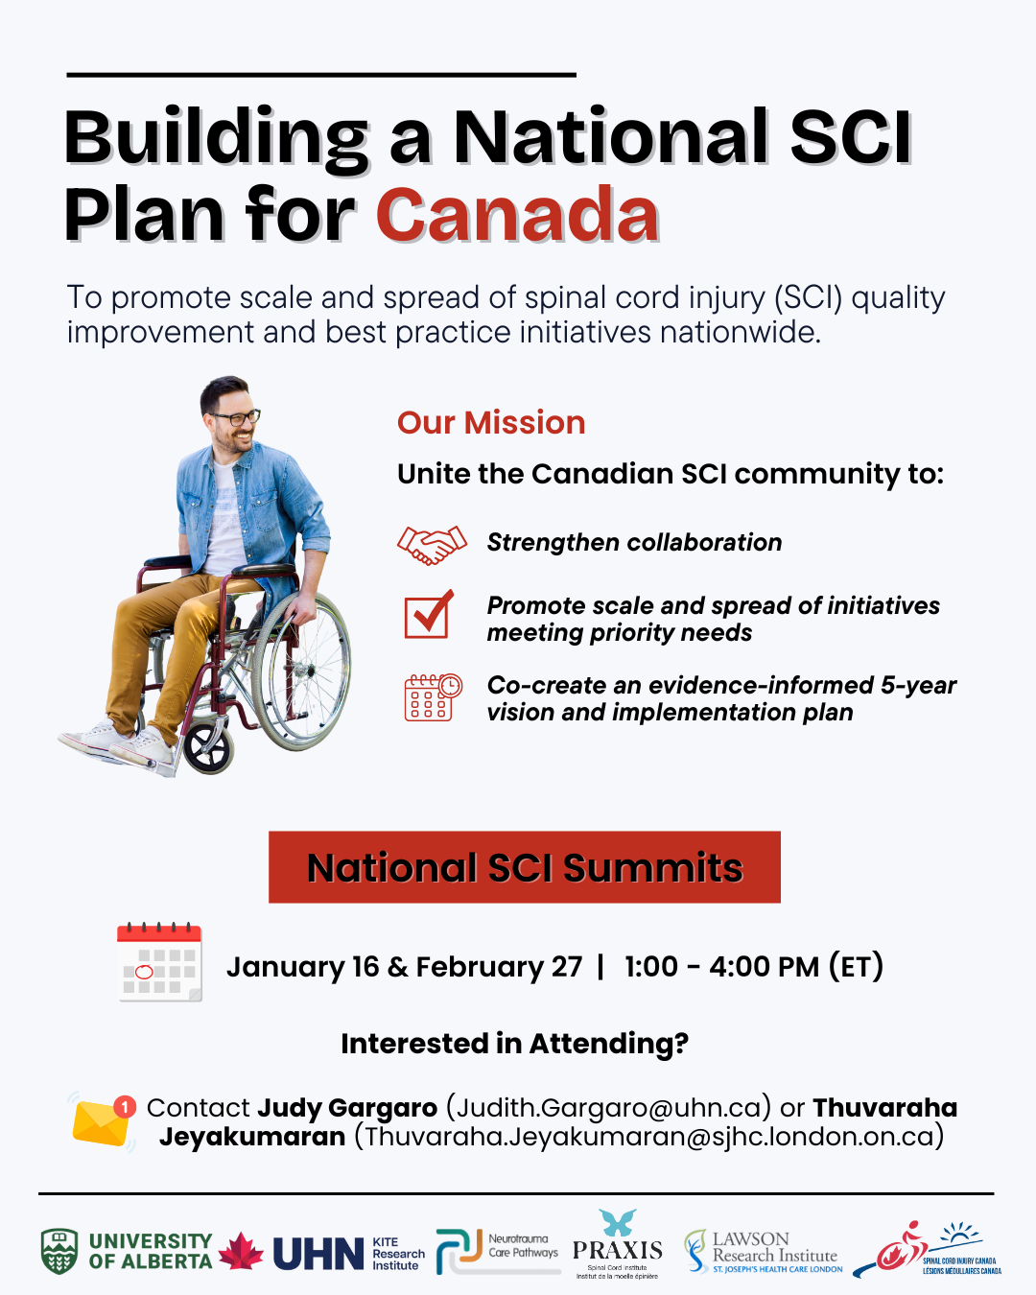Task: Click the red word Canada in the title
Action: pyautogui.click(x=518, y=214)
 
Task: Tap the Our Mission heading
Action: pyautogui.click(x=491, y=422)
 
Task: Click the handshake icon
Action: pyautogui.click(x=432, y=545)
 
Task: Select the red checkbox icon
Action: pyautogui.click(x=429, y=614)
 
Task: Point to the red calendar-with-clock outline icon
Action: pyautogui.click(x=433, y=696)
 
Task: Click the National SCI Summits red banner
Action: pyautogui.click(x=525, y=866)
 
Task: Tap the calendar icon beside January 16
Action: pyautogui.click(x=159, y=961)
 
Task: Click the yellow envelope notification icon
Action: pyautogui.click(x=103, y=1120)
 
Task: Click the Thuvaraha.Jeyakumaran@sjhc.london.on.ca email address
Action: pyautogui.click(x=648, y=1137)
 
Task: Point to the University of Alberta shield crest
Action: pyautogui.click(x=59, y=1251)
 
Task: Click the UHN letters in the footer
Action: pyautogui.click(x=318, y=1254)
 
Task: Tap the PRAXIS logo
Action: pyautogui.click(x=617, y=1244)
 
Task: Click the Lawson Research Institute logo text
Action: pyautogui.click(x=775, y=1252)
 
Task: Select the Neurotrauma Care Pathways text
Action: pyautogui.click(x=523, y=1246)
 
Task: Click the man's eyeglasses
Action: pyautogui.click(x=237, y=416)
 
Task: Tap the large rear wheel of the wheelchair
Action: pyautogui.click(x=301, y=671)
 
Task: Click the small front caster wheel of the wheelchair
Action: pyautogui.click(x=208, y=748)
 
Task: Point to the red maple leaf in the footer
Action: pyautogui.click(x=241, y=1251)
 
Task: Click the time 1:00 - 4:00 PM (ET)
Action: pyautogui.click(x=754, y=967)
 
